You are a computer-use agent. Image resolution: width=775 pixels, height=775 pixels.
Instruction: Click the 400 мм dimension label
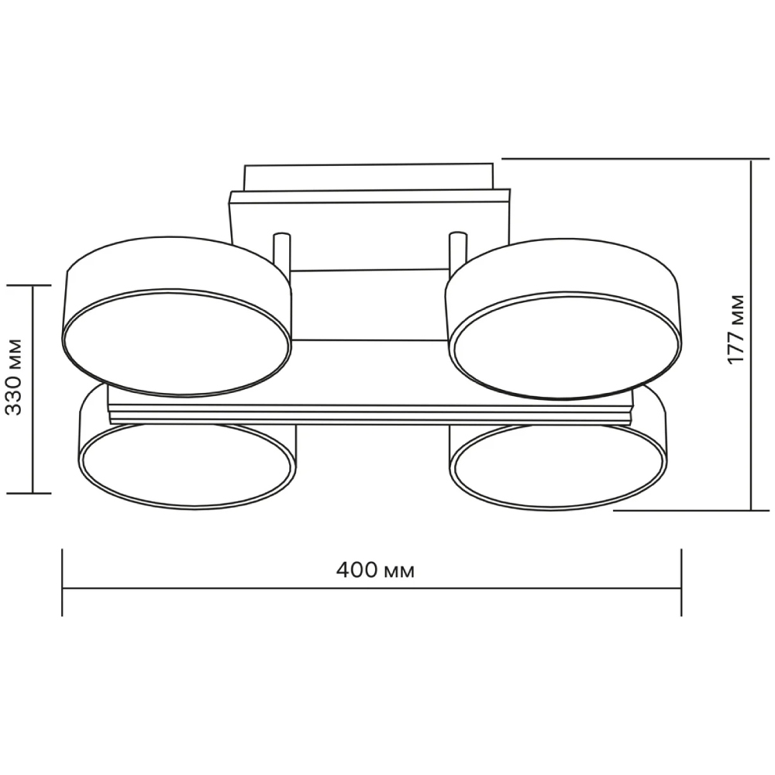(375, 571)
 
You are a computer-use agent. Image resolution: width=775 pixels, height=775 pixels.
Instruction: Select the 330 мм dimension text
(15, 377)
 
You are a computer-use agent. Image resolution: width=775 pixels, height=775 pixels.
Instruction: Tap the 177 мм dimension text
(736, 329)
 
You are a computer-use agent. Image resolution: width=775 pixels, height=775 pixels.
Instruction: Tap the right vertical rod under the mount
(457, 252)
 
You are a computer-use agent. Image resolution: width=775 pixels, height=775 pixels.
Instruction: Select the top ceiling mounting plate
(369, 177)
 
